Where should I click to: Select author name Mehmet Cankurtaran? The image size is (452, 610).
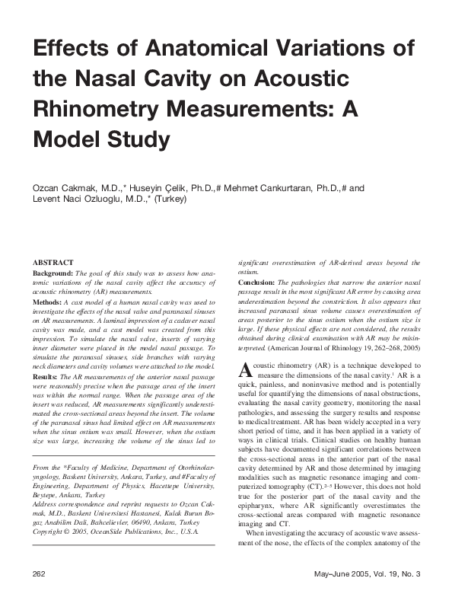[x=271, y=187]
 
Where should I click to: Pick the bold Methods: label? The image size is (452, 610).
[x=47, y=302]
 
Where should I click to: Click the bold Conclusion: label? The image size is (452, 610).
[x=259, y=283]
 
